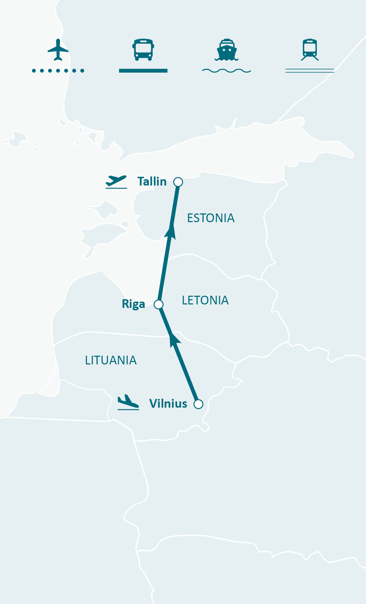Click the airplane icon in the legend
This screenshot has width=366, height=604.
coord(58,50)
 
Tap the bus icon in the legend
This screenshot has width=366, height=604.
coord(143,50)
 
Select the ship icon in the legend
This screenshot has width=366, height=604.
coord(227,50)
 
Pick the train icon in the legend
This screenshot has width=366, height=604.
coord(310,50)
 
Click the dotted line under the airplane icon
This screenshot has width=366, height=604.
coord(58,71)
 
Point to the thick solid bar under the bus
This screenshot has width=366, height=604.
coord(143,71)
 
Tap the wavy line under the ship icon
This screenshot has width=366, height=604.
coord(227,71)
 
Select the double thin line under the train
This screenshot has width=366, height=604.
coord(310,71)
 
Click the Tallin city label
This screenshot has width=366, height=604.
coord(152,182)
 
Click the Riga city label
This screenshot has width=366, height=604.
coord(133,304)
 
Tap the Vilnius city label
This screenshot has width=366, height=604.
coord(168,404)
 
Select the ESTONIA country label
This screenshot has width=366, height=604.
coord(211,218)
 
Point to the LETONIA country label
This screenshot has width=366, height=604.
coord(205,301)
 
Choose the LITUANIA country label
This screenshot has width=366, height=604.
coord(110,361)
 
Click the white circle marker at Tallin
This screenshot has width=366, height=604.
coord(178,182)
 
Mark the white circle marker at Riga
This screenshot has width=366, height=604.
coord(159,304)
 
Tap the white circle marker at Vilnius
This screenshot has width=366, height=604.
coord(198,404)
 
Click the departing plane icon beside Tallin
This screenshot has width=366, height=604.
coord(116,182)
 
